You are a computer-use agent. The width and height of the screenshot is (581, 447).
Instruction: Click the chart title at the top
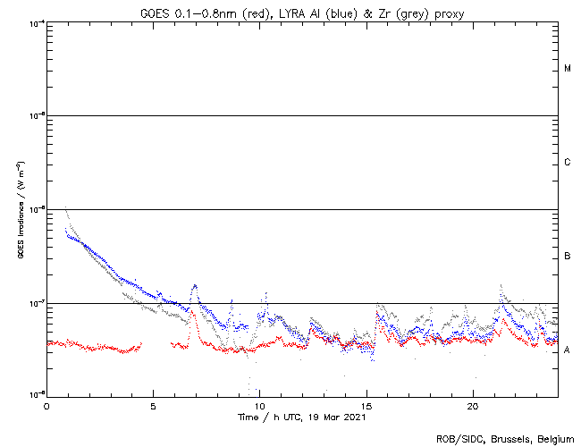[302, 12]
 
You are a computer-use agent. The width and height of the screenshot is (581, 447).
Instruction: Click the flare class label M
[568, 69]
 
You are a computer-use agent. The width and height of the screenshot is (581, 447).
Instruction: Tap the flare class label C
[568, 163]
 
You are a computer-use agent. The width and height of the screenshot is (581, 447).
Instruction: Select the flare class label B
[568, 257]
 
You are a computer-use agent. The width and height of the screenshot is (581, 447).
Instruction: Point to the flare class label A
[568, 350]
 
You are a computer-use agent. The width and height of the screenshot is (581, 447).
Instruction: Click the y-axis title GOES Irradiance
[20, 209]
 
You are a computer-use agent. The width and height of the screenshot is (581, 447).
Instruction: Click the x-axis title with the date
[302, 417]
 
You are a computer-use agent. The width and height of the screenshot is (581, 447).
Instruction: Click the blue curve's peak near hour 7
[194, 285]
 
